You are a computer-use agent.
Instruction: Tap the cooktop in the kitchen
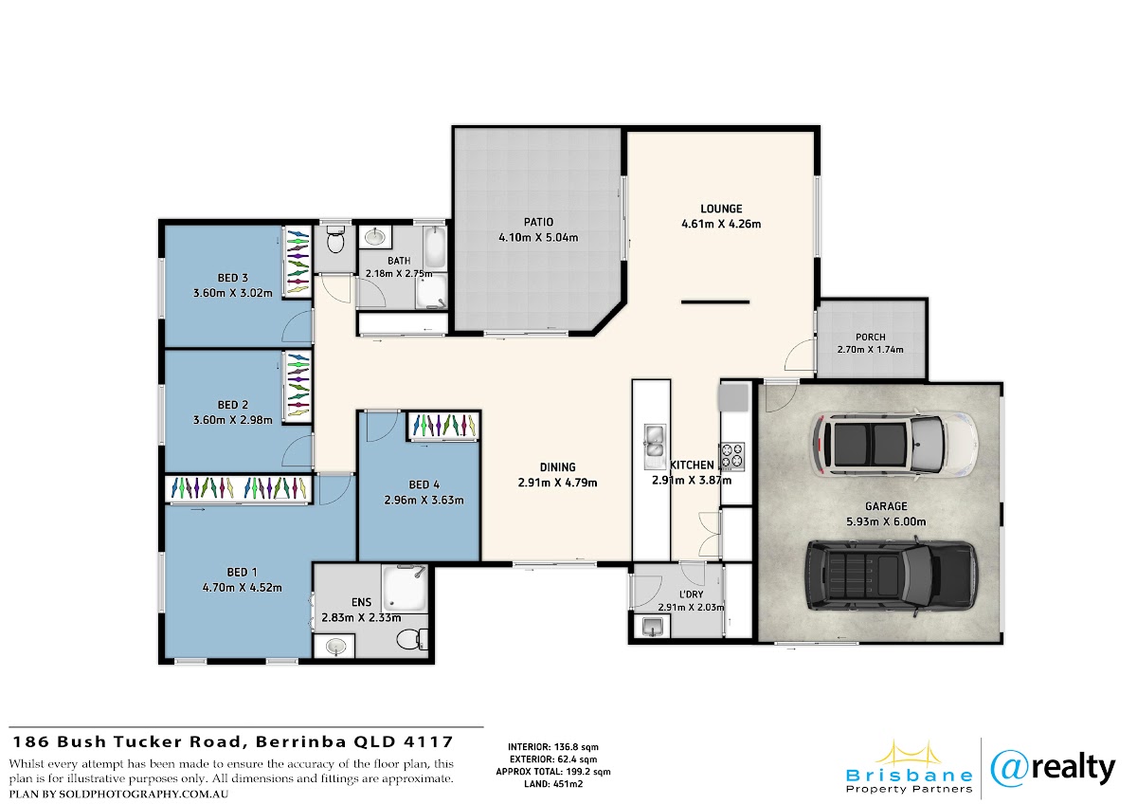point(731,456)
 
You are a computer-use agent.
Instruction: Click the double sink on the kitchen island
point(655,446)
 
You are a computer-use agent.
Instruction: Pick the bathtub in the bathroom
point(435,247)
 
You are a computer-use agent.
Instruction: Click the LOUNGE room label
point(721,209)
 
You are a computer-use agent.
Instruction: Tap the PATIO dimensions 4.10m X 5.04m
point(538,237)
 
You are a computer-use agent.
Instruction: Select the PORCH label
point(870,337)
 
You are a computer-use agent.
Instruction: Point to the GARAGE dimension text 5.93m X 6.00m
point(886,521)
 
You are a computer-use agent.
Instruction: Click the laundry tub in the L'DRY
point(651,626)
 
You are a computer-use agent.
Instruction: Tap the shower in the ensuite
point(404,588)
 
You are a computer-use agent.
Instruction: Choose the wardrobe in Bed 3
point(298,262)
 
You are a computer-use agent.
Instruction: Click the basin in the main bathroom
point(375,236)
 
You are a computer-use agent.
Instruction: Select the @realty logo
point(1053,769)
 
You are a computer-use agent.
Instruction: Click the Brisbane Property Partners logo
point(909,768)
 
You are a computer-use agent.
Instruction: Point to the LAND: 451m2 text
point(553,784)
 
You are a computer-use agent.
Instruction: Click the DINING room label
point(557,466)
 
